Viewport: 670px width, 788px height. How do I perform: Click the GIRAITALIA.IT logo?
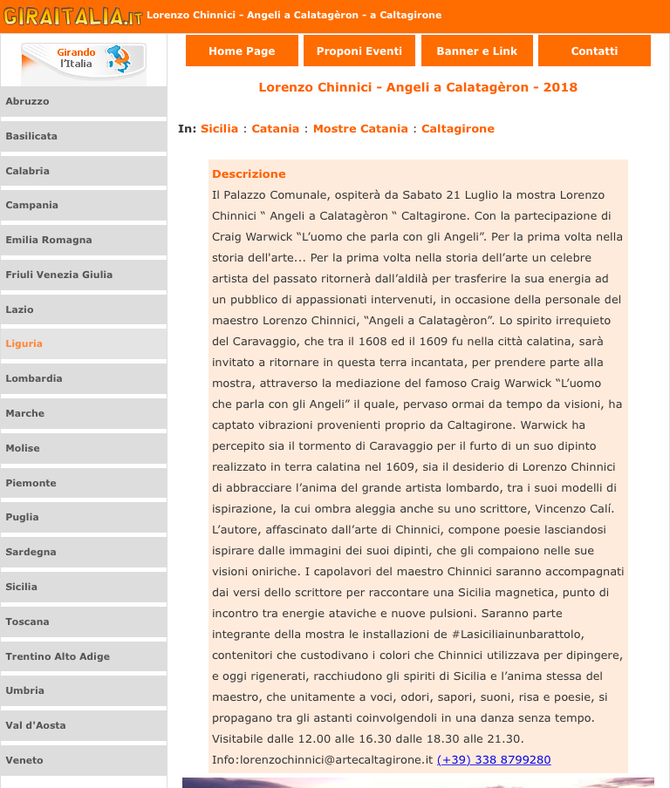pos(72,16)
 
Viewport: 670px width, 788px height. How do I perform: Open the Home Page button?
pos(242,51)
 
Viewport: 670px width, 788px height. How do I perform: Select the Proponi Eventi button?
pos(359,51)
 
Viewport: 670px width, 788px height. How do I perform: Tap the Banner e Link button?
pos(476,51)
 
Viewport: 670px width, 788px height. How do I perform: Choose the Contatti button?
pos(594,51)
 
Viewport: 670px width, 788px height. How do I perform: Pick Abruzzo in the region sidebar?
pos(28,101)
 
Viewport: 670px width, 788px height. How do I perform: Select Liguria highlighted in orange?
pos(24,343)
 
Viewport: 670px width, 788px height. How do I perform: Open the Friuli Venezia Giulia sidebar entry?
pos(59,275)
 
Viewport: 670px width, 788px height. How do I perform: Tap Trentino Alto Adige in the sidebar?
pos(58,656)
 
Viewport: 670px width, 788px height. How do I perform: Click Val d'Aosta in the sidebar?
pos(36,725)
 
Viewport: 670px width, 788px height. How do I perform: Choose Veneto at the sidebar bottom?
pos(24,760)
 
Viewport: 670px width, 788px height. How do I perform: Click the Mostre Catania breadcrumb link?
pos(360,128)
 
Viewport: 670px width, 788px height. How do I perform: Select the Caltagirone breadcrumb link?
pos(458,128)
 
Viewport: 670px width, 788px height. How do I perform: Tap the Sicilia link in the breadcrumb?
pos(219,128)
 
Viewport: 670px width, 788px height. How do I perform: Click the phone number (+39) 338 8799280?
pos(494,759)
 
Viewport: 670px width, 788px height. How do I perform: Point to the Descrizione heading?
pos(249,173)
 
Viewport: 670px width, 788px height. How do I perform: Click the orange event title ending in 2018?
pos(418,87)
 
